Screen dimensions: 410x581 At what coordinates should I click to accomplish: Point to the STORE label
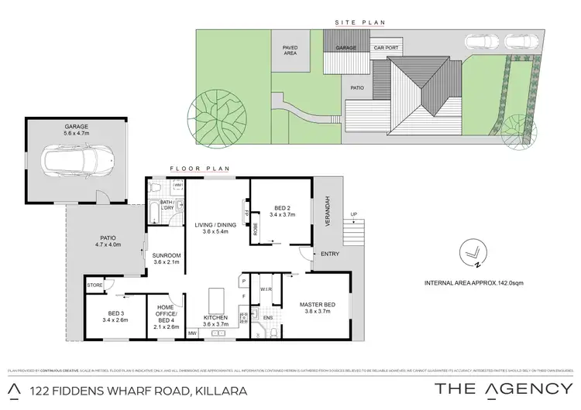click(x=95, y=285)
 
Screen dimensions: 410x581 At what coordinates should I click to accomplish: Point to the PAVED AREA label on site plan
click(x=289, y=50)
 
